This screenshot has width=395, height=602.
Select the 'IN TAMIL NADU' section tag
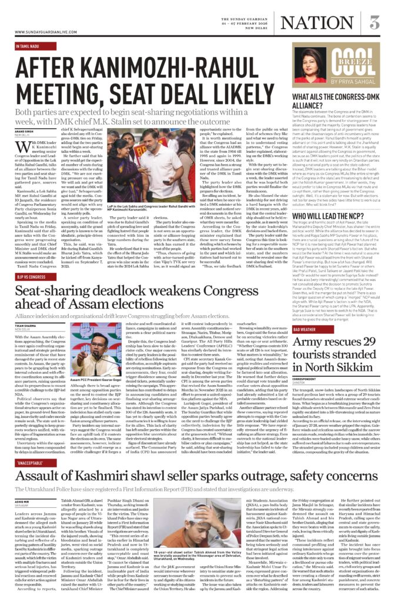point(28,45)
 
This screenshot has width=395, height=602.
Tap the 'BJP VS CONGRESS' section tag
point(31,276)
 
